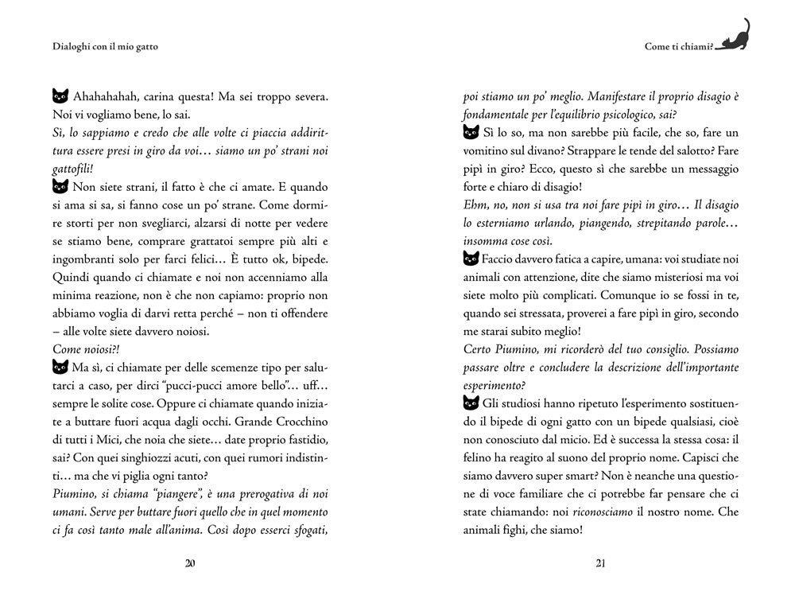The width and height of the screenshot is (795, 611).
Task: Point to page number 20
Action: tap(190, 564)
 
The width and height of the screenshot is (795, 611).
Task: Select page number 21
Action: tap(601, 564)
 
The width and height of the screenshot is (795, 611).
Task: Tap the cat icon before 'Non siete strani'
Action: tap(60, 188)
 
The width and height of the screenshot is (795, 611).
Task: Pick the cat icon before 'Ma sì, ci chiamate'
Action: tap(60, 368)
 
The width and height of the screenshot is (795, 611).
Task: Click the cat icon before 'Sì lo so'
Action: tap(471, 133)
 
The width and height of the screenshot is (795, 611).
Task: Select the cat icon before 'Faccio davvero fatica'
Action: tap(471, 259)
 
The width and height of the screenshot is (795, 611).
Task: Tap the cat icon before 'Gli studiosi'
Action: tap(471, 403)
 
